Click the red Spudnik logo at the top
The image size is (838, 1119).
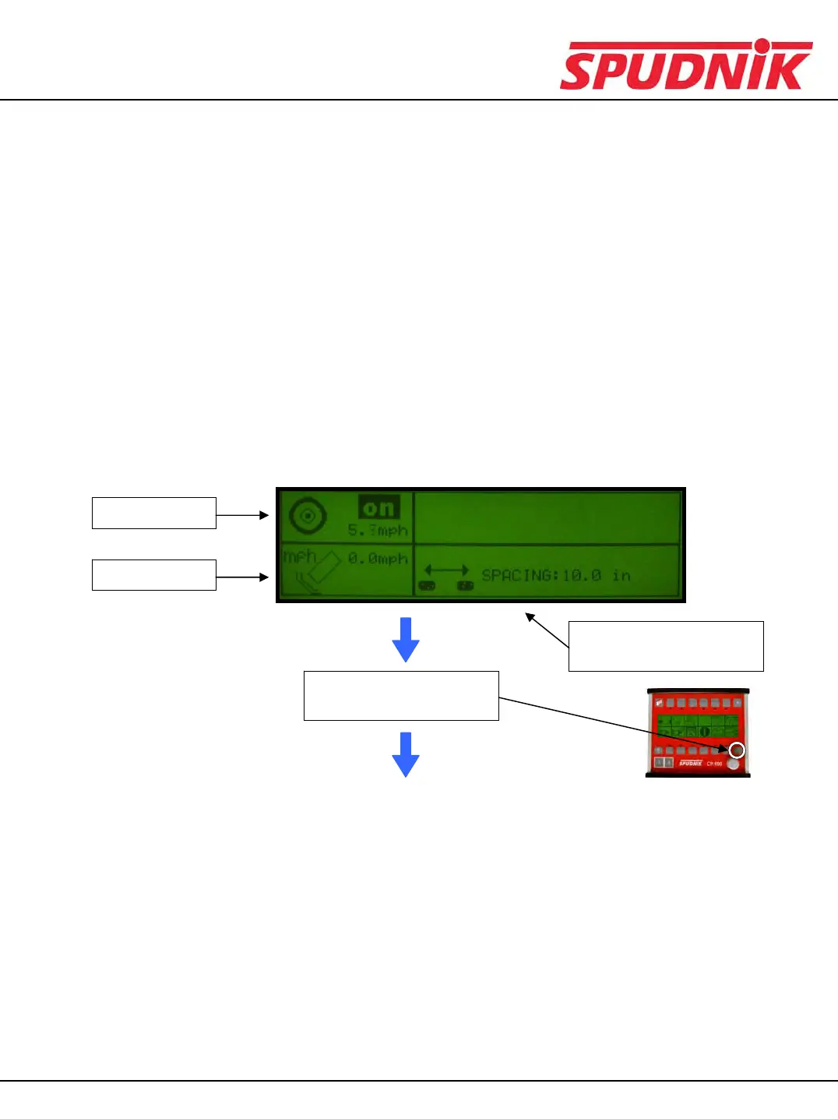pyautogui.click(x=685, y=65)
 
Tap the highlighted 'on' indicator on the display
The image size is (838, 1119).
pyautogui.click(x=379, y=508)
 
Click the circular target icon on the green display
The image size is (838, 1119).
pyautogui.click(x=307, y=515)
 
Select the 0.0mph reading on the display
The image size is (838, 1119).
pyautogui.click(x=378, y=559)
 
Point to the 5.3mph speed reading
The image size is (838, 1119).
pyautogui.click(x=378, y=531)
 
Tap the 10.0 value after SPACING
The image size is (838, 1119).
pyautogui.click(x=582, y=576)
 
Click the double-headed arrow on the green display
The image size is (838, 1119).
pyautogui.click(x=446, y=571)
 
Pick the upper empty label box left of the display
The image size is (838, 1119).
pyautogui.click(x=153, y=513)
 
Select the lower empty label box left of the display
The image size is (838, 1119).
pyautogui.click(x=153, y=575)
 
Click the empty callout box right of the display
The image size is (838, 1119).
pyautogui.click(x=666, y=646)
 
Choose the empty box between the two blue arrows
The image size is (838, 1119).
pyautogui.click(x=401, y=696)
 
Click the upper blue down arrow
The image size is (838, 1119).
pyautogui.click(x=406, y=639)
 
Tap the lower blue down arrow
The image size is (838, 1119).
pyautogui.click(x=406, y=754)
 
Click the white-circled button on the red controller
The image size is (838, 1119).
pyautogui.click(x=737, y=750)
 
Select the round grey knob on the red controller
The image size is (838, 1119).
pyautogui.click(x=733, y=764)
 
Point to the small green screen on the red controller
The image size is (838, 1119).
pyautogui.click(x=697, y=725)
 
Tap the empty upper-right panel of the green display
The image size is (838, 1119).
pyautogui.click(x=548, y=517)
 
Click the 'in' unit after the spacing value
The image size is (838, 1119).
pyautogui.click(x=621, y=576)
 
